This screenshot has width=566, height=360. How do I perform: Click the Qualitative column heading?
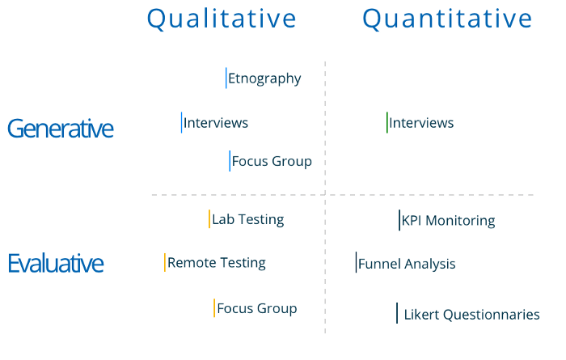click(222, 19)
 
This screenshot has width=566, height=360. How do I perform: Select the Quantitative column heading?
click(447, 19)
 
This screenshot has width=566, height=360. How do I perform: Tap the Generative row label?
click(61, 129)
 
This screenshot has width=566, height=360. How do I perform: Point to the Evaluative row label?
click(56, 263)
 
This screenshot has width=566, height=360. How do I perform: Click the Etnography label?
click(264, 78)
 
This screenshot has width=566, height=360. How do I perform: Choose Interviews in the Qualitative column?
click(216, 123)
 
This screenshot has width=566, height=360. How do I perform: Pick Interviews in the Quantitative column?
click(421, 123)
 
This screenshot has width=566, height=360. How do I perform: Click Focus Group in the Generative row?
click(272, 161)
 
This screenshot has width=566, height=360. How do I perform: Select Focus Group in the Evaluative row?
click(257, 308)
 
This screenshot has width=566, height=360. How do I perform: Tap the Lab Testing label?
click(248, 219)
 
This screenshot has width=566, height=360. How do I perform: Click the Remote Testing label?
click(217, 263)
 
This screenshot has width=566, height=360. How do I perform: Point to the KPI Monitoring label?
click(448, 220)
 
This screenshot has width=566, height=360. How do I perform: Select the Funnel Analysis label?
click(407, 264)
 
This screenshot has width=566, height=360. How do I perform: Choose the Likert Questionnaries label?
click(471, 315)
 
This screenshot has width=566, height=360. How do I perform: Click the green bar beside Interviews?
click(387, 122)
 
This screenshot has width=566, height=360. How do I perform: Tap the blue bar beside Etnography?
click(226, 78)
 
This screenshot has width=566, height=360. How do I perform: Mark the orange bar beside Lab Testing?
click(209, 218)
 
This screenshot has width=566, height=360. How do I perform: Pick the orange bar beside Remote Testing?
click(165, 262)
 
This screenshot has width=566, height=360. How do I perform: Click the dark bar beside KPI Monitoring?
click(399, 220)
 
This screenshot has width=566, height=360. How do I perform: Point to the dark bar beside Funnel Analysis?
click(356, 262)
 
